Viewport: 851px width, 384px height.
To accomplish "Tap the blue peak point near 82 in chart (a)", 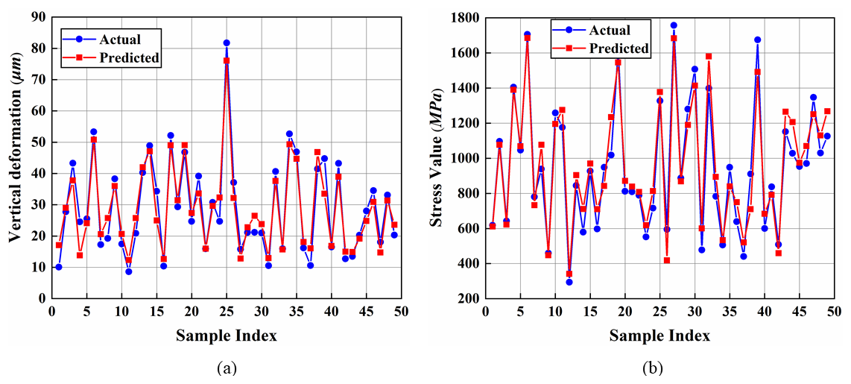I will [x=227, y=43].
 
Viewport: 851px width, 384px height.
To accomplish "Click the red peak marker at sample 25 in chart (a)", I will [x=227, y=60].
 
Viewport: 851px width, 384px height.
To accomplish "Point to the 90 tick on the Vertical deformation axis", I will [x=38, y=16].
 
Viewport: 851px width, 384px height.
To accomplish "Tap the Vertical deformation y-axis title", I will [x=13, y=157].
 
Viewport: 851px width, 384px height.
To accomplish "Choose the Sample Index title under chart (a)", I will [x=227, y=335].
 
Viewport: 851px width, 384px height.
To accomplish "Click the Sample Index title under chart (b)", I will [x=659, y=335].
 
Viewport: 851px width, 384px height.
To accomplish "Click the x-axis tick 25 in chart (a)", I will [x=227, y=311].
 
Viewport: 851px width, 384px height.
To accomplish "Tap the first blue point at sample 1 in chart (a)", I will [x=58, y=267].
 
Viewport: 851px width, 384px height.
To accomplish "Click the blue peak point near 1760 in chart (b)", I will [x=674, y=25].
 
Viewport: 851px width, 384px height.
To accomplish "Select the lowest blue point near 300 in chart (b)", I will [x=569, y=282].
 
